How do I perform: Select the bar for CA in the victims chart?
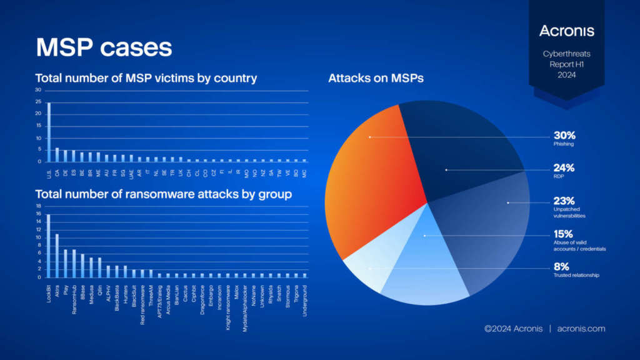[x=57, y=155]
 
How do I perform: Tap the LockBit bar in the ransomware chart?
[x=49, y=246]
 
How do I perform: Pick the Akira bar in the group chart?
[x=57, y=256]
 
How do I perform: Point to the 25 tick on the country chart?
[x=38, y=102]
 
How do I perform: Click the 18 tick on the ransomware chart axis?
[x=38, y=206]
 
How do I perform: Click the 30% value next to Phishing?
[x=564, y=135]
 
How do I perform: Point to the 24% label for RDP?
[x=564, y=167]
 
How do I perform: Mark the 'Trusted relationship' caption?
[x=576, y=275]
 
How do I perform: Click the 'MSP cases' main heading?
[x=104, y=47]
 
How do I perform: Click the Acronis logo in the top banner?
[x=566, y=31]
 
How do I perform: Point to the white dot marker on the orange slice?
[x=369, y=136]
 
